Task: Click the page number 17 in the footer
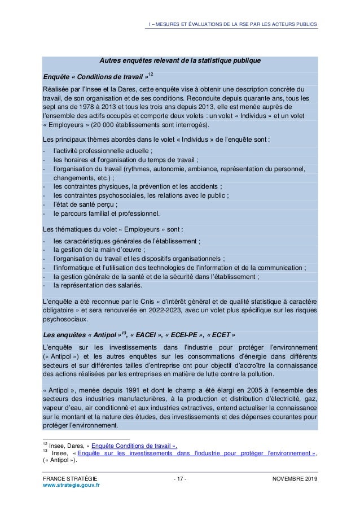click(x=180, y=480)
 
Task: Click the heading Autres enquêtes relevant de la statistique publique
click(x=180, y=60)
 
